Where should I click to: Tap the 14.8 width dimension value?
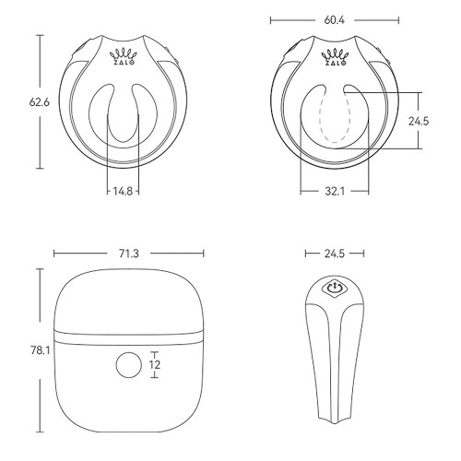click(124, 192)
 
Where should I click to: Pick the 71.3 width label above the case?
click(128, 252)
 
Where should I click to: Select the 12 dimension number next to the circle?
click(154, 365)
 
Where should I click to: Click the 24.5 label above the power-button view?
click(333, 252)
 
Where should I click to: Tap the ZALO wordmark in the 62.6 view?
click(124, 65)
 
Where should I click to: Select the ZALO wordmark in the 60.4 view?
click(333, 65)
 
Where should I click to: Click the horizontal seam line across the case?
click(128, 332)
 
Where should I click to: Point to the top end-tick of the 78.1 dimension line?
click(41, 267)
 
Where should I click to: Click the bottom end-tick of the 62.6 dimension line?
click(41, 169)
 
